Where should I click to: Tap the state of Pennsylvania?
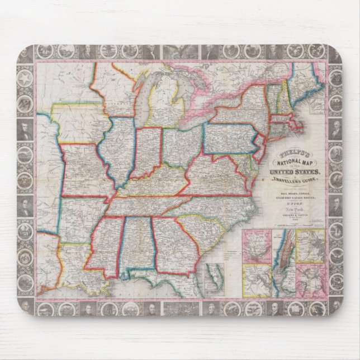230,138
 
